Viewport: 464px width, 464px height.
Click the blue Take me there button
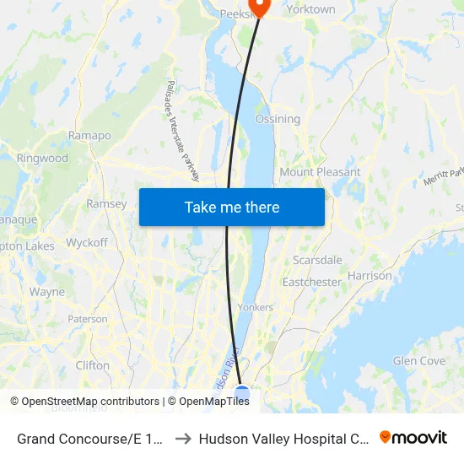[x=232, y=207]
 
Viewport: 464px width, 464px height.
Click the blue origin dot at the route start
[x=242, y=394]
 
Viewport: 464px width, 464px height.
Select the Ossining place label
[x=278, y=119]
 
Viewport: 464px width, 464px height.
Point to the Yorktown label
[x=310, y=9]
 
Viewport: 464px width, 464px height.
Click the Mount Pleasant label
[x=320, y=172]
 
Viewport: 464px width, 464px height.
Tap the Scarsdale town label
[x=317, y=260]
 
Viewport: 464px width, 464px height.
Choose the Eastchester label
[x=311, y=282]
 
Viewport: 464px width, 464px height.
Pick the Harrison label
[x=370, y=276]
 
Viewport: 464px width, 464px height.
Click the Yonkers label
[x=256, y=307]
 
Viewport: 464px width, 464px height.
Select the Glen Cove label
[x=419, y=361]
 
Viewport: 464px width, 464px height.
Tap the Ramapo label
[x=89, y=135]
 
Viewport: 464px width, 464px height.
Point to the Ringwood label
[x=42, y=158]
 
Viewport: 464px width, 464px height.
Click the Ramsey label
[x=106, y=203]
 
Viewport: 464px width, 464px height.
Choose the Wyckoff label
[x=87, y=242]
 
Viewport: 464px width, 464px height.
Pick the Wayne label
[x=47, y=292]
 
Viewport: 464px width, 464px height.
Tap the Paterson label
[x=88, y=319]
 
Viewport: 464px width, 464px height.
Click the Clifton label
[x=92, y=365]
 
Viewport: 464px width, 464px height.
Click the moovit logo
[x=413, y=437]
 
